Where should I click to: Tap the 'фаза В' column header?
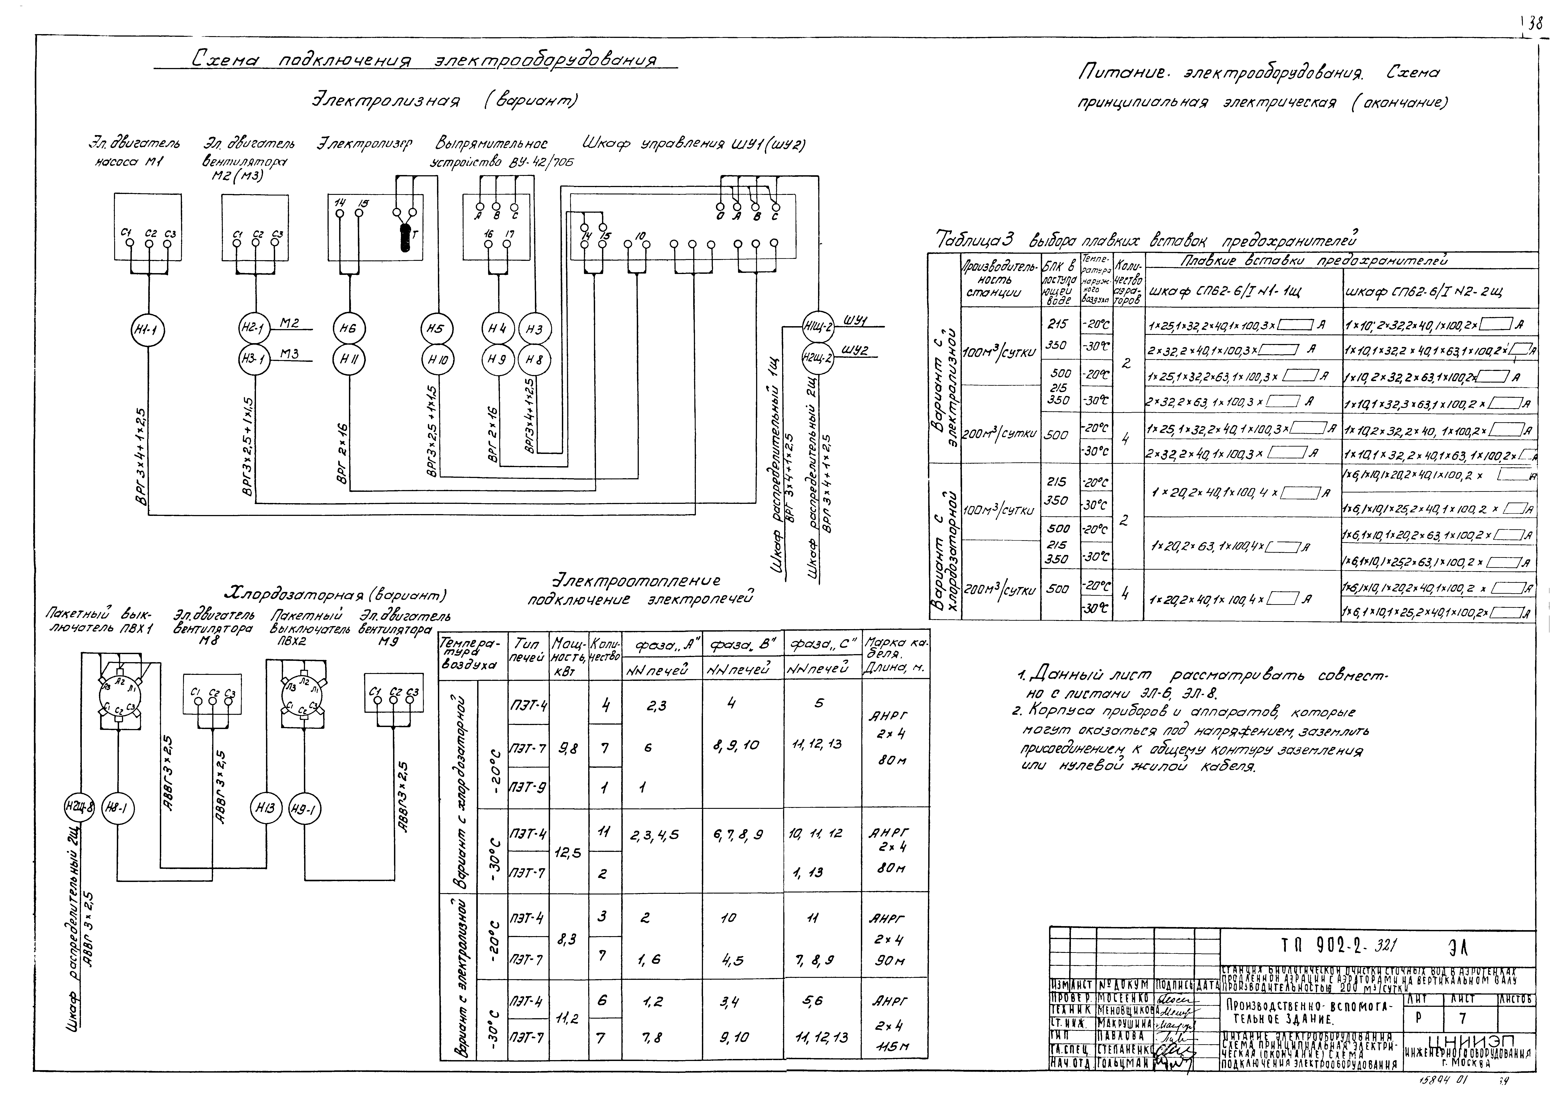pyautogui.click(x=742, y=645)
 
